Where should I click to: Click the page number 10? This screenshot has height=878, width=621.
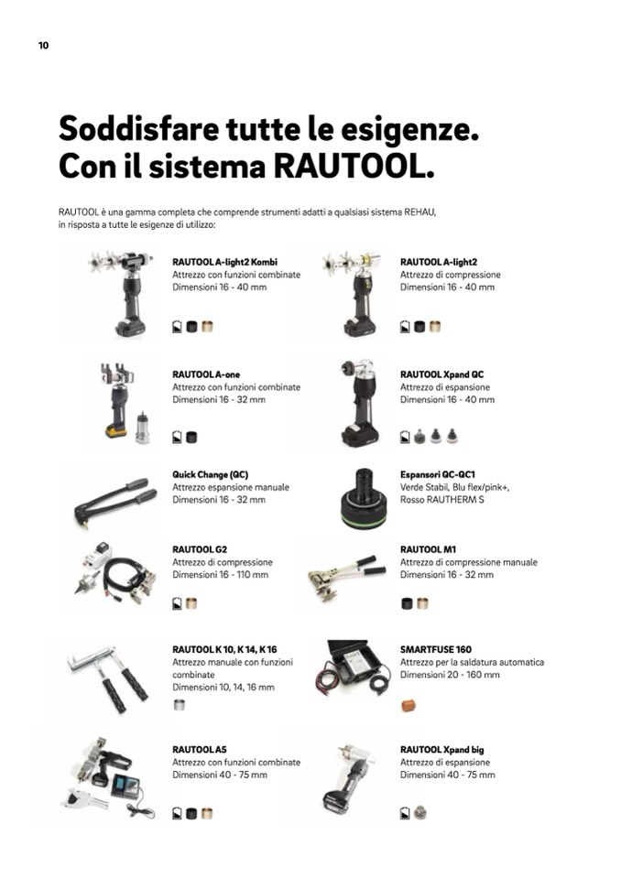44,46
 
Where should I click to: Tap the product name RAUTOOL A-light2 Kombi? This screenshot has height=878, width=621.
224,262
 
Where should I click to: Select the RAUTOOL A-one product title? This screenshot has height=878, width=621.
206,374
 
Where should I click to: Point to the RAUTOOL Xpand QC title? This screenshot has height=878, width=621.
441,374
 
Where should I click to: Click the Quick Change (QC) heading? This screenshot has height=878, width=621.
210,475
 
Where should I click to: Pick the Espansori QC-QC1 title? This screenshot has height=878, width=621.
437,475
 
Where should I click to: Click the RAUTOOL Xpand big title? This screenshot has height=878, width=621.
441,750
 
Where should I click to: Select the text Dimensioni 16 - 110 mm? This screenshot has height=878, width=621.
220,575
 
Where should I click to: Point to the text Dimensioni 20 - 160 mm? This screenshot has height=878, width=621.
450,675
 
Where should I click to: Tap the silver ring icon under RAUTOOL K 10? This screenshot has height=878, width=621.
180,705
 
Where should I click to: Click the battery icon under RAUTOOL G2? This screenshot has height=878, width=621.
177,603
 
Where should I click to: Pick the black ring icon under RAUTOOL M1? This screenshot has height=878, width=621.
407,603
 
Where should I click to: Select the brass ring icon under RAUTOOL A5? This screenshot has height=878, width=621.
207,814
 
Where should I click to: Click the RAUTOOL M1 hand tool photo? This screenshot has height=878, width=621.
346,578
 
